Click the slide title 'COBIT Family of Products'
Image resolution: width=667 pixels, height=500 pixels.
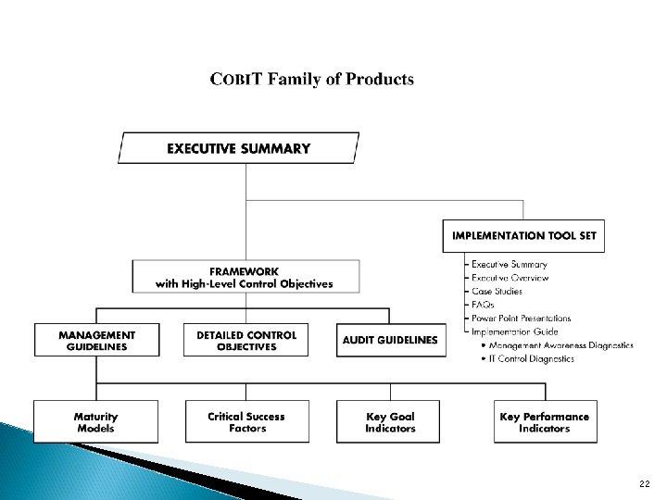click(x=312, y=79)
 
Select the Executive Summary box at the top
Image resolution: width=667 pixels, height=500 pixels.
click(x=238, y=148)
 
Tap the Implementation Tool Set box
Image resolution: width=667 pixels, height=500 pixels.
click(x=523, y=235)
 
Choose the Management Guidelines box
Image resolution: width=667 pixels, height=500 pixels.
click(x=96, y=340)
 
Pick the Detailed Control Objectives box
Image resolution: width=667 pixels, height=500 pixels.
click(x=246, y=340)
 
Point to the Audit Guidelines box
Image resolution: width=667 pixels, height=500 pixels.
click(x=388, y=340)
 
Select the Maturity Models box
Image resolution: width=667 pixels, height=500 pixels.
click(x=95, y=422)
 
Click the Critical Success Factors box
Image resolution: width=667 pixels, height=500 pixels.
click(x=246, y=422)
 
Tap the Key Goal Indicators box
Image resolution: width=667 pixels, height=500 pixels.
click(x=390, y=422)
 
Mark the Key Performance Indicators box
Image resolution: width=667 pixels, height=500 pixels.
click(x=544, y=422)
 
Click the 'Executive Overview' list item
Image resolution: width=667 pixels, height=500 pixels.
click(x=510, y=278)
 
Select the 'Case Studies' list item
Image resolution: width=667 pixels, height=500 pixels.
click(x=497, y=291)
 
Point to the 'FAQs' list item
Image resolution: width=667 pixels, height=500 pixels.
click(x=483, y=305)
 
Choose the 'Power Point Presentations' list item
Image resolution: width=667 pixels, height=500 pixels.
click(x=521, y=318)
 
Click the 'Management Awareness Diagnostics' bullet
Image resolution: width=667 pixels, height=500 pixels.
click(x=557, y=345)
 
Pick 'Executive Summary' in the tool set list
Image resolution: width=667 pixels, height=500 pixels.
click(x=509, y=265)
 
